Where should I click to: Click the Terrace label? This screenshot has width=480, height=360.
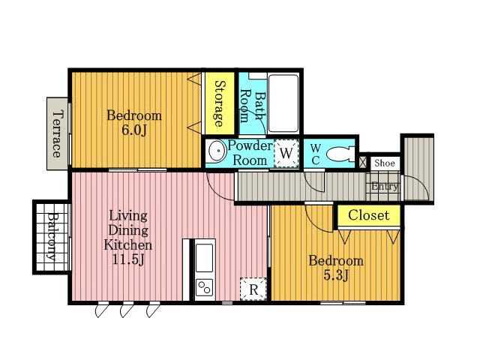pyautogui.click(x=58, y=133)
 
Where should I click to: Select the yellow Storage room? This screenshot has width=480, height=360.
pyautogui.click(x=220, y=103)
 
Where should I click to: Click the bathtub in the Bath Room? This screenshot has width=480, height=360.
pyautogui.click(x=283, y=103)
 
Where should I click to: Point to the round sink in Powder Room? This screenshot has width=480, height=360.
pyautogui.click(x=217, y=150)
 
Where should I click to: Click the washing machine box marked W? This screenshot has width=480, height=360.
pyautogui.click(x=286, y=153)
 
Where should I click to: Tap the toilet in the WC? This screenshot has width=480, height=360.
pyautogui.click(x=340, y=154)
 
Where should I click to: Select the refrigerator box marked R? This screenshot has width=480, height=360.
pyautogui.click(x=253, y=289)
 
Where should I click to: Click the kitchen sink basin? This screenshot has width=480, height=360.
pyautogui.click(x=204, y=258)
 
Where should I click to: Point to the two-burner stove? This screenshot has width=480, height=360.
pyautogui.click(x=204, y=287)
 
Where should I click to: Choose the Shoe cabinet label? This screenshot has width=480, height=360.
pyautogui.click(x=385, y=163)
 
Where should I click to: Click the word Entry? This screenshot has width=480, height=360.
pyautogui.click(x=385, y=186)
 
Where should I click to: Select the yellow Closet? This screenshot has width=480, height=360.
pyautogui.click(x=369, y=215)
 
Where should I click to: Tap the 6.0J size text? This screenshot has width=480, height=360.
pyautogui.click(x=134, y=130)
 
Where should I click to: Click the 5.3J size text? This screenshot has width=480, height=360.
pyautogui.click(x=336, y=275)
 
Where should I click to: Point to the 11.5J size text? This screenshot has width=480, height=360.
pyautogui.click(x=128, y=259)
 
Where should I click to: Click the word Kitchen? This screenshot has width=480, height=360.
pyautogui.click(x=127, y=245)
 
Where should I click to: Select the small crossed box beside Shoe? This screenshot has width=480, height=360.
pyautogui.click(x=362, y=162)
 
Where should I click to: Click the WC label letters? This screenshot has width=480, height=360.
pyautogui.click(x=315, y=154)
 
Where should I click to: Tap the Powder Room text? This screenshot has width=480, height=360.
pyautogui.click(x=250, y=153)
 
